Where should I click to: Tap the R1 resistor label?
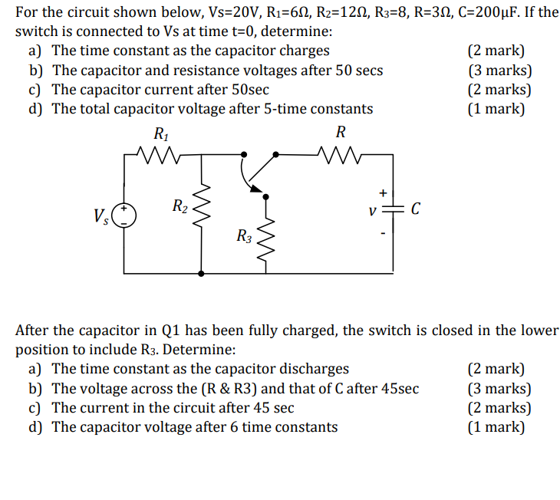(x=161, y=133)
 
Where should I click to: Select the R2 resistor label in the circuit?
(x=178, y=206)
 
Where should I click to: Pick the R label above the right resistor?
(x=341, y=132)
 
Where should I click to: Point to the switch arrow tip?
(x=249, y=186)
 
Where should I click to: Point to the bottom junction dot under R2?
(x=201, y=272)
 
